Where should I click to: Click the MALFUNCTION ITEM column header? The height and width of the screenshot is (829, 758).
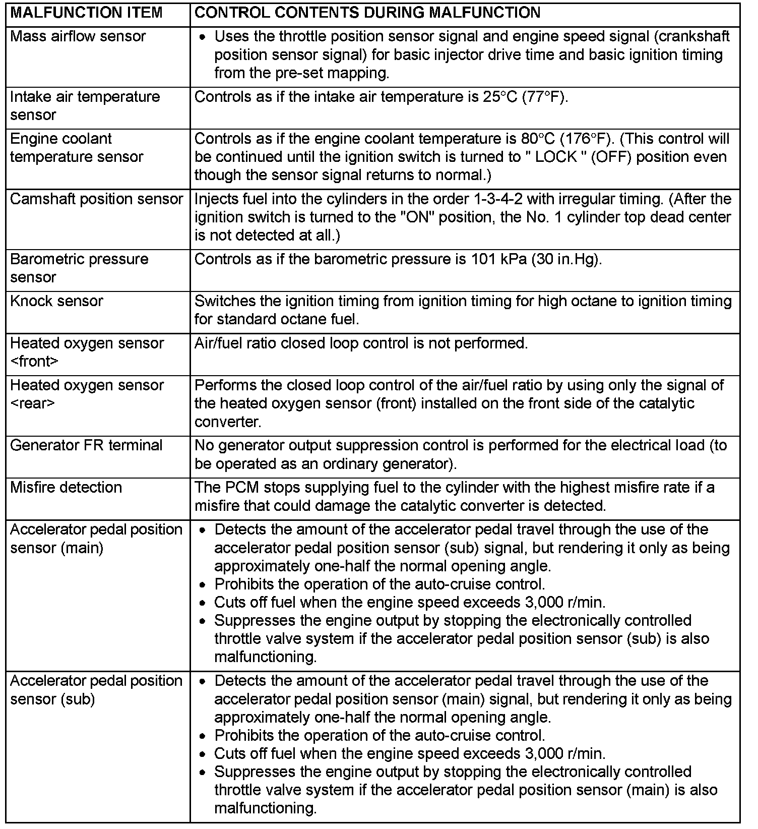pos(86,13)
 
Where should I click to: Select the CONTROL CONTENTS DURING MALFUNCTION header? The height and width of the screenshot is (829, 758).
pos(367,13)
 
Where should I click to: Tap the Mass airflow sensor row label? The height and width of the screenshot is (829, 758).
pos(78,37)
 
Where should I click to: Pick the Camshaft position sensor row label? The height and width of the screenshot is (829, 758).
pos(96,200)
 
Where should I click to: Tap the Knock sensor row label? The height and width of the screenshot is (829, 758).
pos(56,302)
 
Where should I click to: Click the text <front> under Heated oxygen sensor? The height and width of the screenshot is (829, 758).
pos(34,362)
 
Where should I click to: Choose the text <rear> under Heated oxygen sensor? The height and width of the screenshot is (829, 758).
pos(32,403)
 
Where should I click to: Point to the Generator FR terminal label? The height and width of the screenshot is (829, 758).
pos(86,446)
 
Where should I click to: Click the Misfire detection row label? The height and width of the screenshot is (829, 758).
pos(66,488)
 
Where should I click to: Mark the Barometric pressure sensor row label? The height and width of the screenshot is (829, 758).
pos(79,268)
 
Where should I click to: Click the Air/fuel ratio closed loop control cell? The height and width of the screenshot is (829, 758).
pos(361,344)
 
